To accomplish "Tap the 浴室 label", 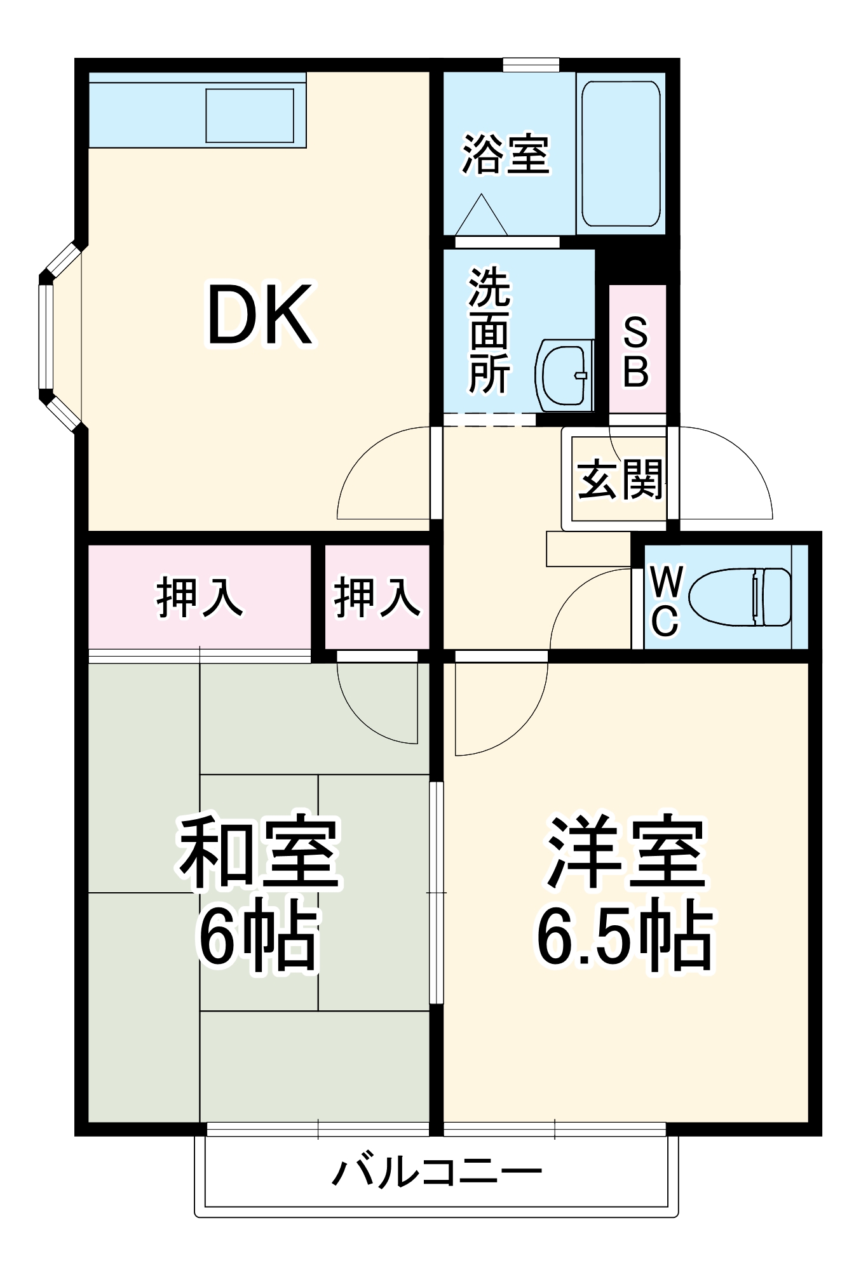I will click(505, 154).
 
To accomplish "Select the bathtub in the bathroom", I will click(621, 154).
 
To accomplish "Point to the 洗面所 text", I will click(489, 331).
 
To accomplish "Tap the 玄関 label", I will click(620, 479).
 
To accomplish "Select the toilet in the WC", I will click(740, 597).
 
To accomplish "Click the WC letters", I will click(665, 600).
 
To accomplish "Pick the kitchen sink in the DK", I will click(250, 116).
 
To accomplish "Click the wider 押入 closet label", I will click(200, 598).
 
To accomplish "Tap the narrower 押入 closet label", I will click(377, 598).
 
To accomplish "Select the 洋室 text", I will click(626, 852).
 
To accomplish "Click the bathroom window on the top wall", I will click(531, 65).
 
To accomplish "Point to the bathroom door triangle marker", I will click(481, 216).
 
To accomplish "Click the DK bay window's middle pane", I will click(46, 336).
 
